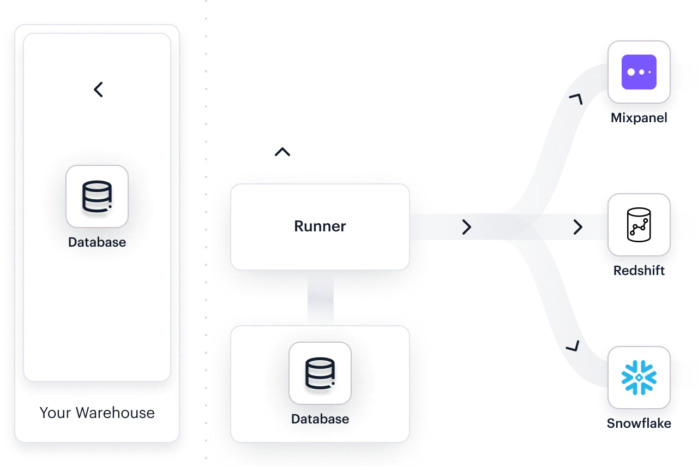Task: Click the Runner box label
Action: [x=320, y=226]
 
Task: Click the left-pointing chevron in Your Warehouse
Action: [x=98, y=89]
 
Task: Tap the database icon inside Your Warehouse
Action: [x=97, y=196]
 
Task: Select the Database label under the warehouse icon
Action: [x=97, y=242]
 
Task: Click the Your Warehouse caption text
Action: [x=97, y=413]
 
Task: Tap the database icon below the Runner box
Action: [x=320, y=373]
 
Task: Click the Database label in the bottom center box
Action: [x=320, y=419]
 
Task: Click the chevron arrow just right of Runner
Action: [x=466, y=227]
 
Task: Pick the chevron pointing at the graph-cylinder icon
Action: [x=577, y=227]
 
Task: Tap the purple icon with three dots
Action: [x=639, y=72]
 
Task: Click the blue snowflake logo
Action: [x=639, y=377]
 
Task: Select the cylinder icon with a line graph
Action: [x=639, y=225]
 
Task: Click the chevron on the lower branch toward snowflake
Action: [x=573, y=346]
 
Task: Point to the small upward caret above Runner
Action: [x=283, y=151]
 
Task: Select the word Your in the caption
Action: [x=56, y=413]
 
